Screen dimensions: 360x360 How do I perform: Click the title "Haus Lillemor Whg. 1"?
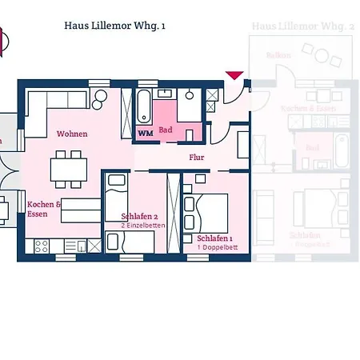[115, 26]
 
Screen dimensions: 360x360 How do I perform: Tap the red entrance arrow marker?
[234, 75]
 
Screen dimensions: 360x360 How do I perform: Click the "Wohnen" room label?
[72, 134]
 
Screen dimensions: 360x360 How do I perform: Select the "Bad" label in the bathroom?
[166, 130]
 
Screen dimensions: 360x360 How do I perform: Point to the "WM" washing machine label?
[145, 133]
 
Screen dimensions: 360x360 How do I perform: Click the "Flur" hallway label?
[196, 157]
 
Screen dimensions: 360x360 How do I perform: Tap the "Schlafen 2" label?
[139, 217]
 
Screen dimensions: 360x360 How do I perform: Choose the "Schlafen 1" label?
[214, 238]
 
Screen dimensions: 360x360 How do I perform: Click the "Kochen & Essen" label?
[43, 209]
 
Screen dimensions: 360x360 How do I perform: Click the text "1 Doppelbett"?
[214, 247]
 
